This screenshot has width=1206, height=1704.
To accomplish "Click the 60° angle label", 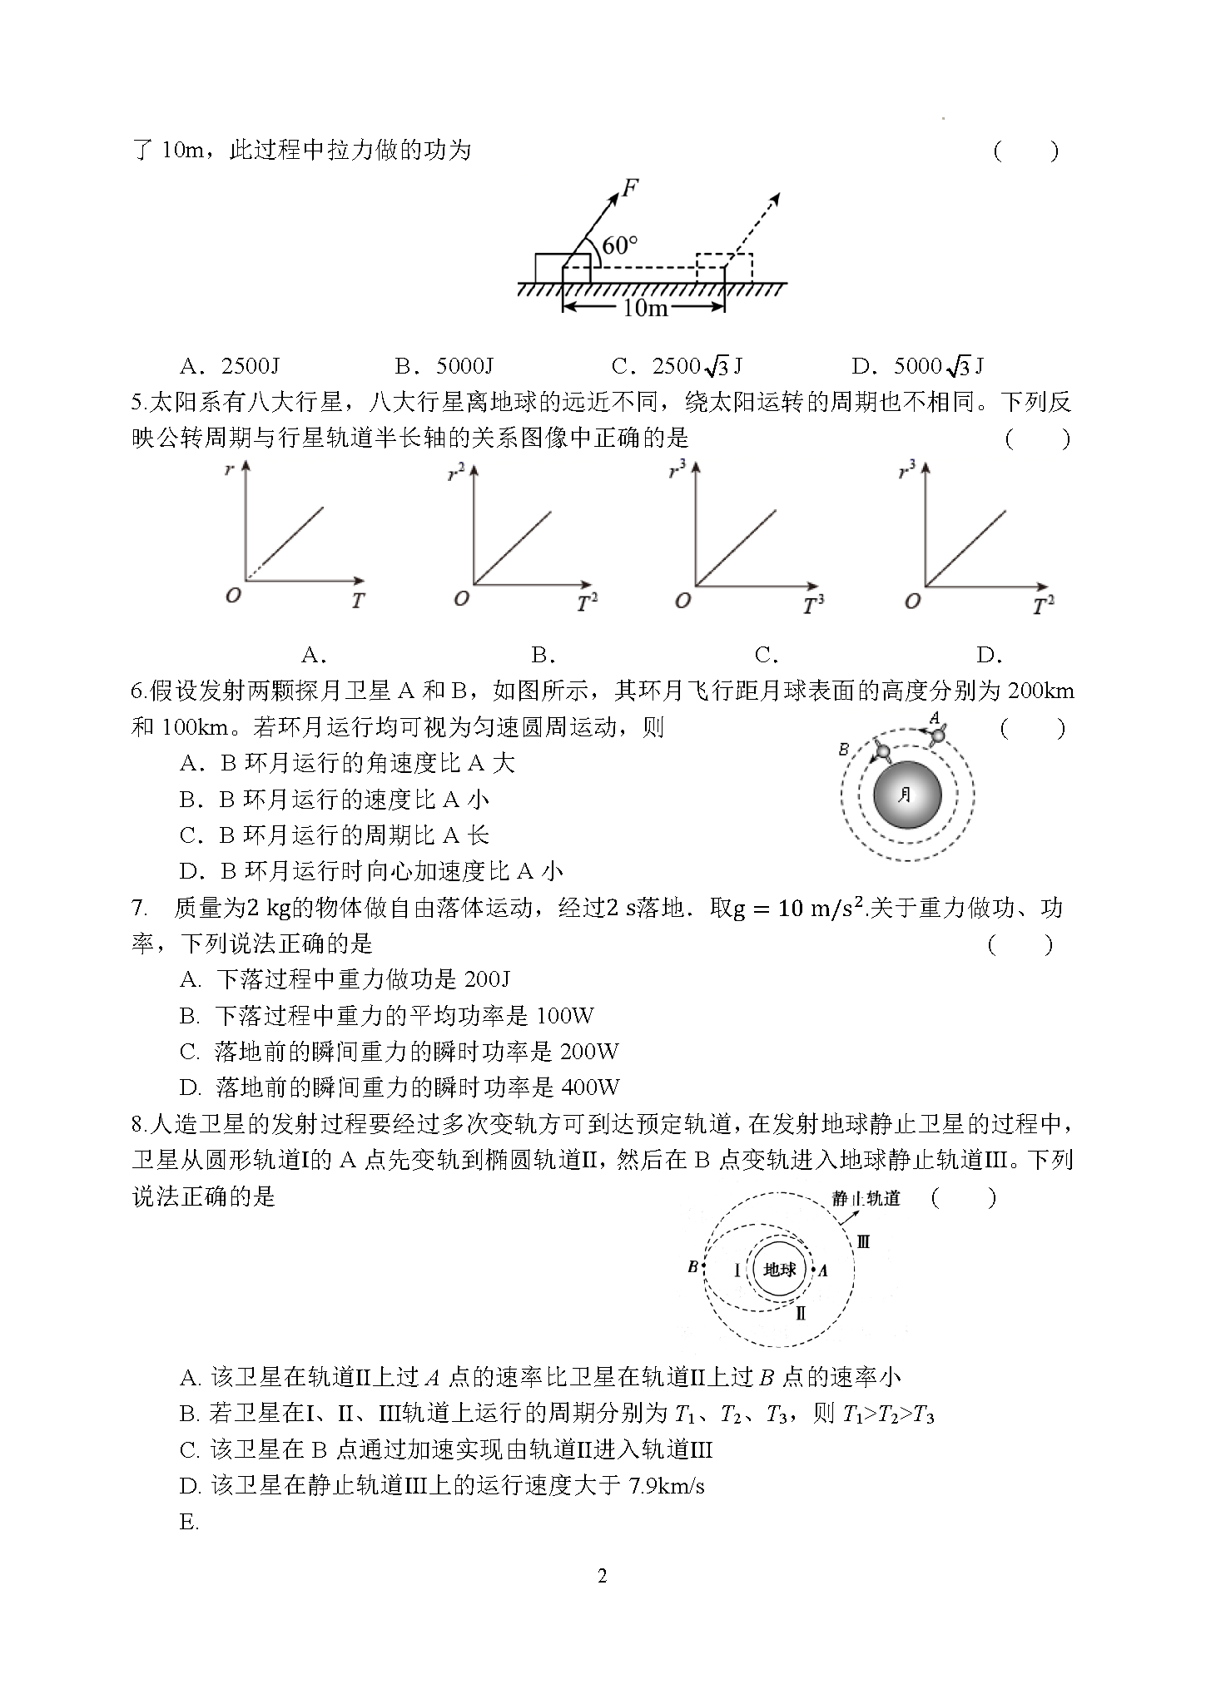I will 620,245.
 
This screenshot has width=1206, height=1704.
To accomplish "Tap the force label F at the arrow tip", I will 630,189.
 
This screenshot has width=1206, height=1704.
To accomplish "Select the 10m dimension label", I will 645,309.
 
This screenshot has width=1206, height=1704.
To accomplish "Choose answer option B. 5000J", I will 445,366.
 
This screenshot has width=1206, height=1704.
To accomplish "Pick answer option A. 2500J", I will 230,366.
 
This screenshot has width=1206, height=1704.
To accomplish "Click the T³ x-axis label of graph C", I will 813,605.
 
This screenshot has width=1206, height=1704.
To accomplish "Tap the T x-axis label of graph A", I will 357,601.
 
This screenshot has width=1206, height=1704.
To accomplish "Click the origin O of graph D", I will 912,601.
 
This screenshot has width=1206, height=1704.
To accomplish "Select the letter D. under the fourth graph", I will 988,656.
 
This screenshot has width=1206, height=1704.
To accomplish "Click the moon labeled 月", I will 907,795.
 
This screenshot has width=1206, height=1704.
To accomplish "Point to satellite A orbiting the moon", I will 938,735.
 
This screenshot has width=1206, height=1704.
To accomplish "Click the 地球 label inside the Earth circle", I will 780,1270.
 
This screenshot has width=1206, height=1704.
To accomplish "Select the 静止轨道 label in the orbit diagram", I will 866,1199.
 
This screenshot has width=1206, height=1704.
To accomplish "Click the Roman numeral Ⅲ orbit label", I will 863,1242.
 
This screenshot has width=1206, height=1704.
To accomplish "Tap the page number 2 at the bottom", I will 603,1576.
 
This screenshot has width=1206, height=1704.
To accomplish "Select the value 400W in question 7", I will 590,1087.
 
